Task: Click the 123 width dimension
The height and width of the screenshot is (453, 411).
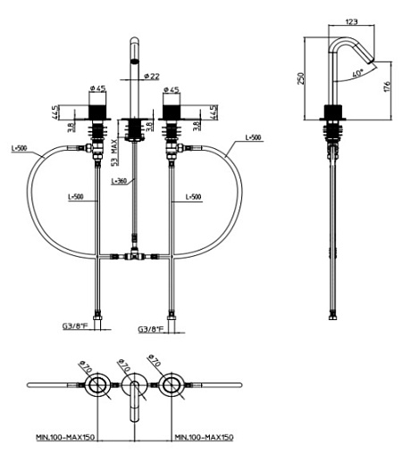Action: (x=351, y=21)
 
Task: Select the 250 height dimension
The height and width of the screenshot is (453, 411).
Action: (x=301, y=78)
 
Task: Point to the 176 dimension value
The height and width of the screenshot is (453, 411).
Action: (x=387, y=86)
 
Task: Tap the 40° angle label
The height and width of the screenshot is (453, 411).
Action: (x=357, y=73)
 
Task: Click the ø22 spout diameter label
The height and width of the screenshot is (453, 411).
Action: (x=152, y=76)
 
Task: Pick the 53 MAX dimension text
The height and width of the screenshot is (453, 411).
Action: (x=115, y=152)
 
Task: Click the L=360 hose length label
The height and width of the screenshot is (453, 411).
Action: (x=119, y=181)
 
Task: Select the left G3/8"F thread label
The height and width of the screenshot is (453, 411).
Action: (x=75, y=325)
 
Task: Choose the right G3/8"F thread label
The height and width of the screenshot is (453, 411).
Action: (x=151, y=329)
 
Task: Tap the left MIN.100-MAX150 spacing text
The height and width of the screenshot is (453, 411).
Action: (x=65, y=437)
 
